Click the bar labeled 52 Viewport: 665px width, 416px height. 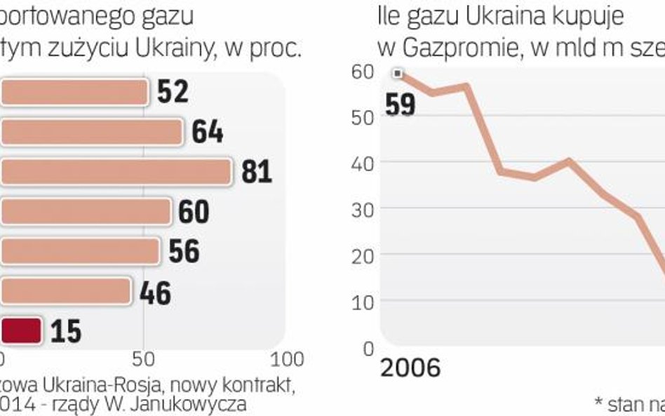tap(74, 92)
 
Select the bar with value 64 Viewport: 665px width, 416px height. tap(91, 131)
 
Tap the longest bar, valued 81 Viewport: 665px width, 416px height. tap(116, 171)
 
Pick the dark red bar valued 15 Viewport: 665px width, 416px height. tap(21, 330)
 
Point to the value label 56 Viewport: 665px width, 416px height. tap(184, 252)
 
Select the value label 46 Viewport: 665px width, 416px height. tap(154, 292)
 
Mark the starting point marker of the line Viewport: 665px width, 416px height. tap(398, 73)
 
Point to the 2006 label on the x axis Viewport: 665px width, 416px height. tap(410, 368)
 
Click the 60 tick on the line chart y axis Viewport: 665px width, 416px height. tap(362, 72)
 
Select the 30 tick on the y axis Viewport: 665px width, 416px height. tap(362, 209)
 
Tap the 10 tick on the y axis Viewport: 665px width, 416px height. tap(362, 301)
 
